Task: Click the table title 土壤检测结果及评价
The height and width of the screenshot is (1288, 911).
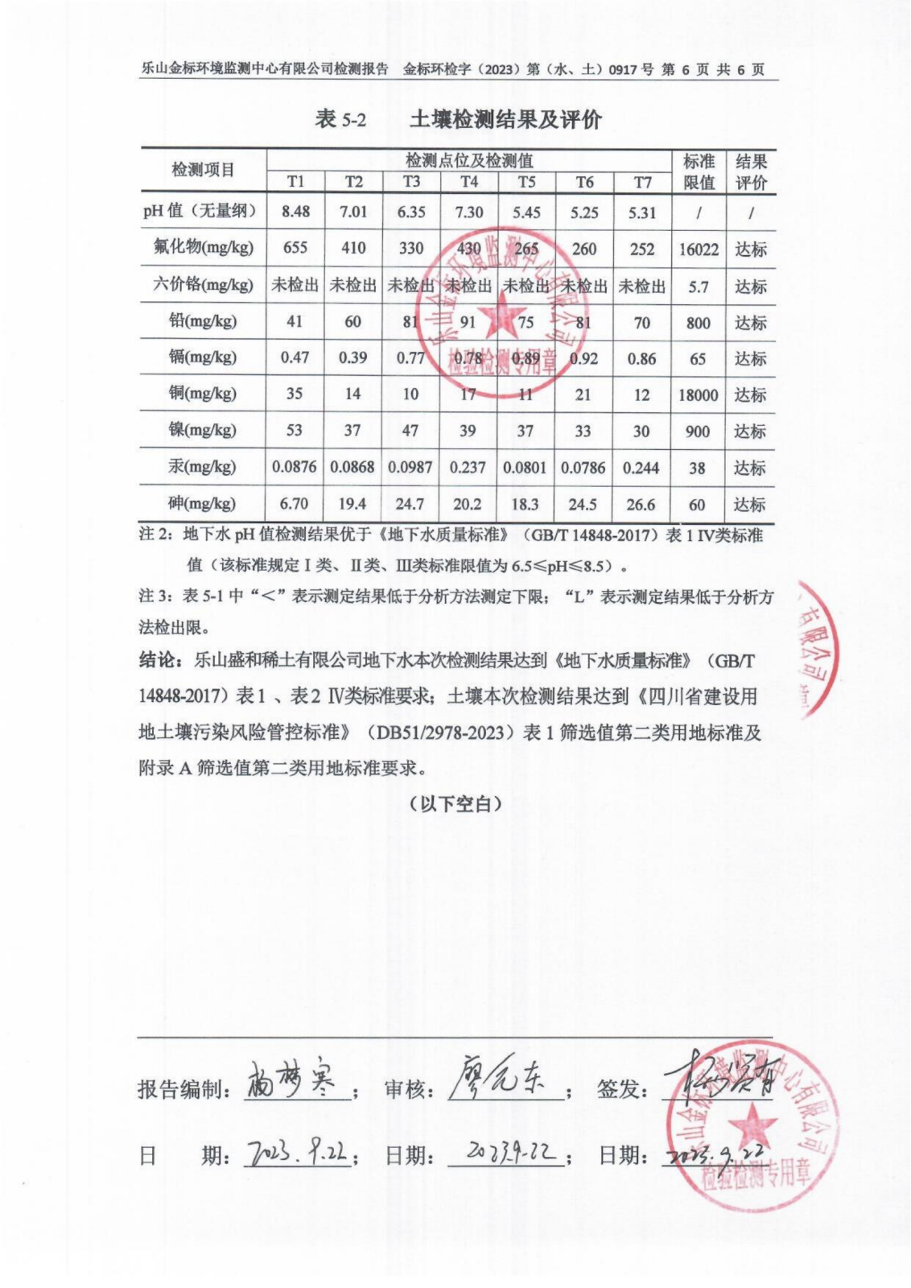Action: point(505,120)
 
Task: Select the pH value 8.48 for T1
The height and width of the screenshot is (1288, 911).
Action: point(295,212)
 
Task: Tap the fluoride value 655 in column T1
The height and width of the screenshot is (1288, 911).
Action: point(295,248)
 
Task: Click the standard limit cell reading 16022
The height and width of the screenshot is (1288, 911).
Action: point(698,250)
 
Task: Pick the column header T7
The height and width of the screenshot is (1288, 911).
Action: point(642,183)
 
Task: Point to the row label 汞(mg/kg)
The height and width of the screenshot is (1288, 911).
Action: point(202,467)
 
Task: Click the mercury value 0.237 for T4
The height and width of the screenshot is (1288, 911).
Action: point(468,468)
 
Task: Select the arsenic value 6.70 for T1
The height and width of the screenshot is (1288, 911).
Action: point(295,504)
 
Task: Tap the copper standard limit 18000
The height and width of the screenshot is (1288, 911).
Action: point(698,395)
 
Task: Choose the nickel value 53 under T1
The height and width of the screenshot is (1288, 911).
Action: point(295,431)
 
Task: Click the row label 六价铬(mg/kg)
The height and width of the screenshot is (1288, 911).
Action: point(202,285)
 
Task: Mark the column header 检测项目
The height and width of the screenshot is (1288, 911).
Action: point(202,170)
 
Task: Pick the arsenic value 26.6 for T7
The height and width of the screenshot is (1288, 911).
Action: point(641,505)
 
